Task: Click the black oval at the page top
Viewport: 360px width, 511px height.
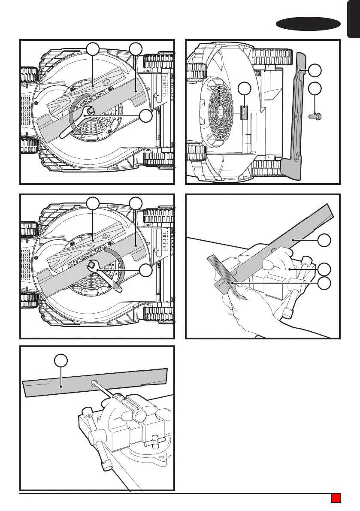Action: [305, 24]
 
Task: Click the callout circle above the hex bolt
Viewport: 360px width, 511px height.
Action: [315, 89]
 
